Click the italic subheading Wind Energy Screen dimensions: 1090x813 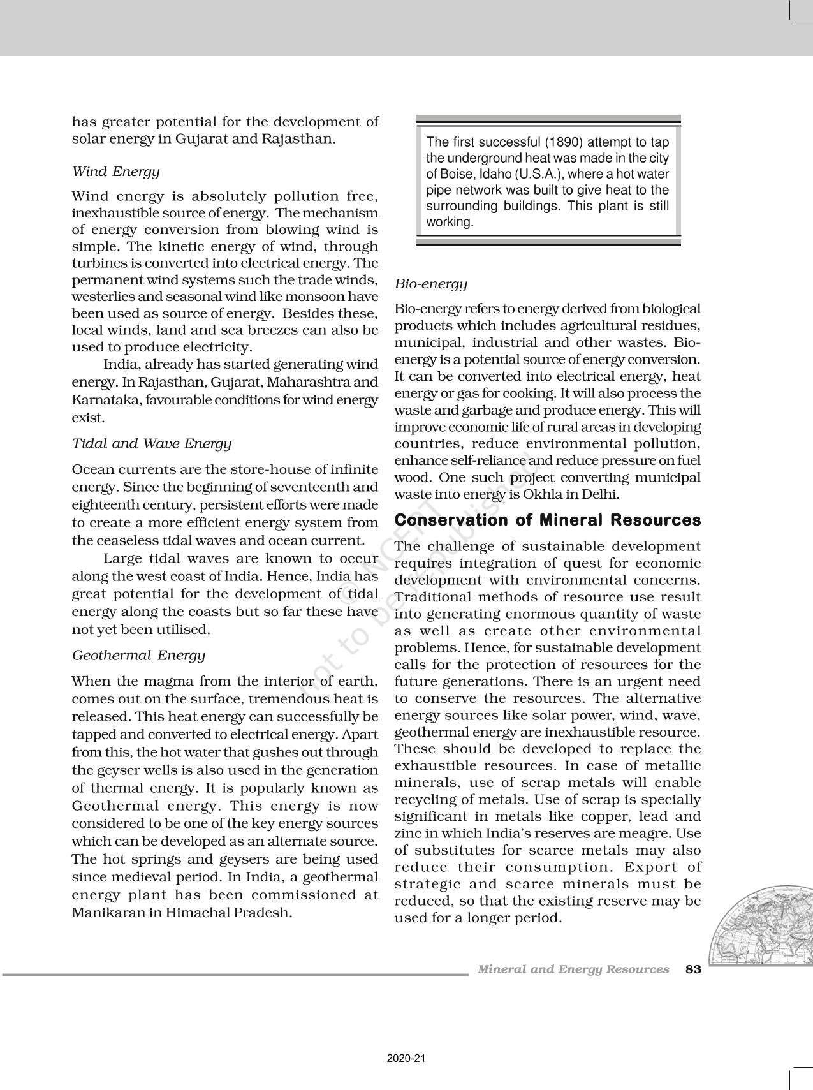115,172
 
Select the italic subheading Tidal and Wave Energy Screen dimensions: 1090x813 151,444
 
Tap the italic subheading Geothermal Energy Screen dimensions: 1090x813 138,656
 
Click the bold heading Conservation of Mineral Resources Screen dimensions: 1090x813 547,520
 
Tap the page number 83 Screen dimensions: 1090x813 693,969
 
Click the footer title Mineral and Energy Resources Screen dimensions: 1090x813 573,969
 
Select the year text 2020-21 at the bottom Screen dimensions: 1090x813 406,1059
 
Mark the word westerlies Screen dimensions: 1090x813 103,297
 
